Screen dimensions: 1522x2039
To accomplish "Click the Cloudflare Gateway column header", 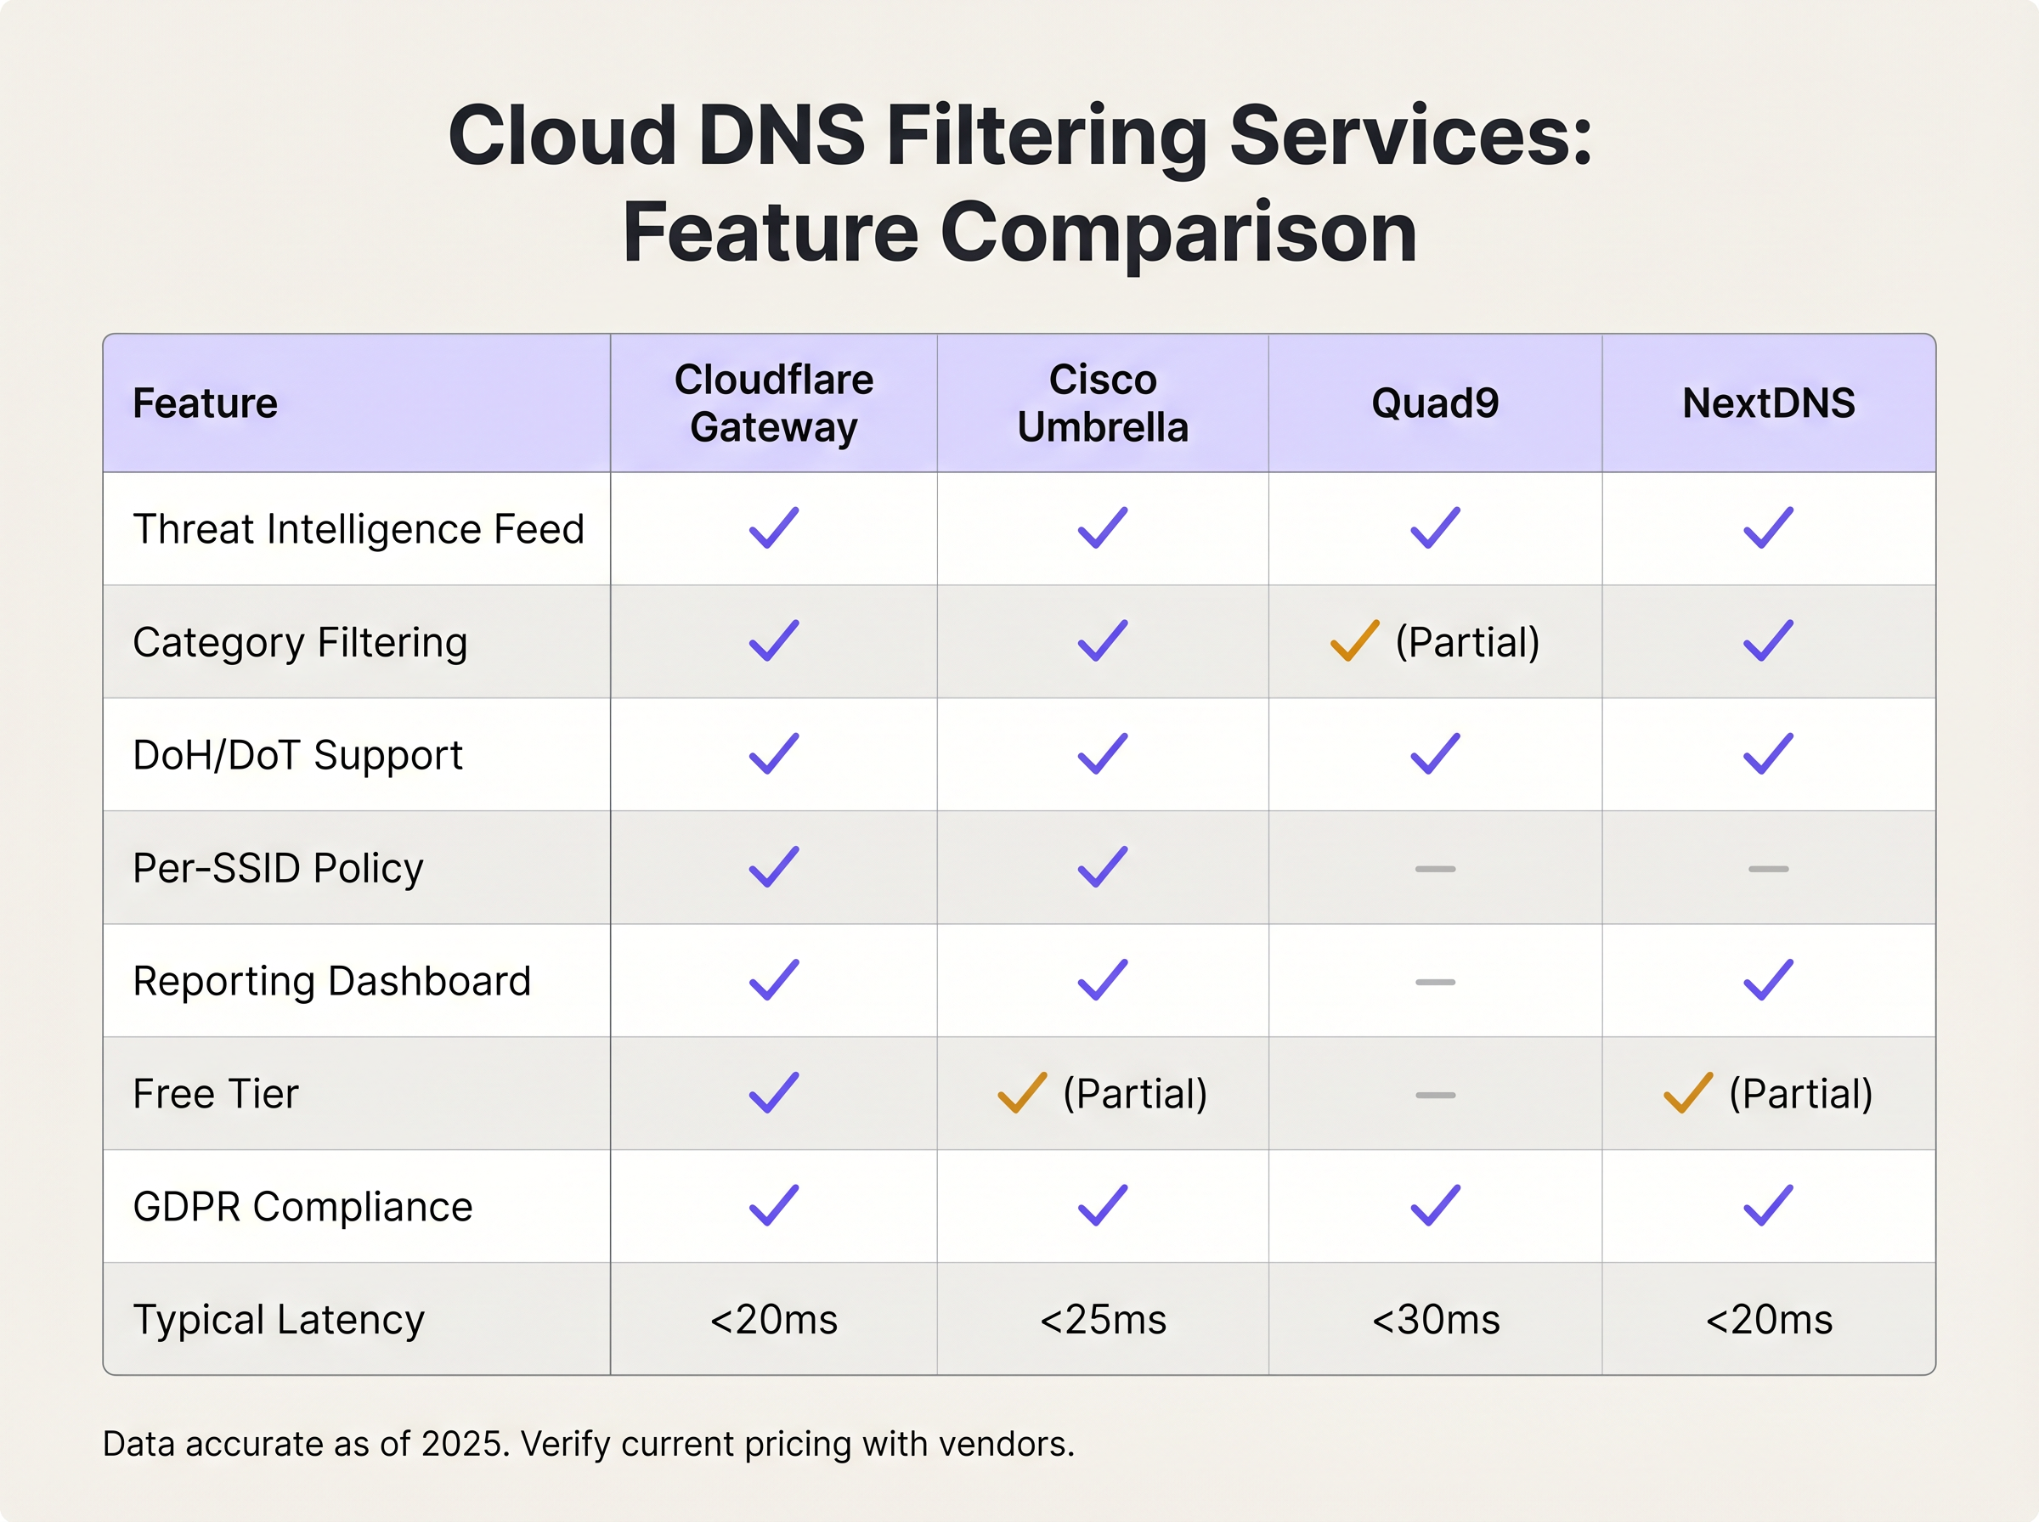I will pos(774,403).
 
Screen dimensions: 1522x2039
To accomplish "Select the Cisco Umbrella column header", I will pos(1103,403).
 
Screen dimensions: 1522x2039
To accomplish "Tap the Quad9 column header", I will pos(1435,403).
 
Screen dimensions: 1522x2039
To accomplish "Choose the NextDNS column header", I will pos(1768,403).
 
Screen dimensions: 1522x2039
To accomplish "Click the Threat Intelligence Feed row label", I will pos(359,530).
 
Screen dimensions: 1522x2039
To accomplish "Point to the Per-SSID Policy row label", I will pos(279,869).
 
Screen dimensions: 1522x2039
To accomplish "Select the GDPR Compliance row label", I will pos(302,1207).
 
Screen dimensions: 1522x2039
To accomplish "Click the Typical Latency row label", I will pos(279,1320).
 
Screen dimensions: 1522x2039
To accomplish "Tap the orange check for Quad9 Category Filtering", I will pos(1354,641).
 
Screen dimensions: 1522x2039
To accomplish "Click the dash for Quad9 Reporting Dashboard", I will pos(1435,982).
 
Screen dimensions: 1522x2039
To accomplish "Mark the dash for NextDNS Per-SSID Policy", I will pos(1768,869).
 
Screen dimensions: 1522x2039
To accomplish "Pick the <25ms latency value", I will pos(1103,1320).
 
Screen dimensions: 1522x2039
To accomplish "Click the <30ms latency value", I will pos(1436,1320).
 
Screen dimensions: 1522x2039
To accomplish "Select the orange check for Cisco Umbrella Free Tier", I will pos(1022,1094).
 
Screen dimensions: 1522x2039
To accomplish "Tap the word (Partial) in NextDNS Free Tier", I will pos(1800,1095).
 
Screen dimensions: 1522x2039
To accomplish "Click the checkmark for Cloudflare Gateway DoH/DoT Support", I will pos(774,753).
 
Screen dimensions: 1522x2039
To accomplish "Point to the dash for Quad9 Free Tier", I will pos(1435,1096).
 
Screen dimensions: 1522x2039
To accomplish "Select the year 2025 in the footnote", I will pos(465,1444).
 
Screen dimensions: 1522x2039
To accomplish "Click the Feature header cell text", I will pos(205,403).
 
